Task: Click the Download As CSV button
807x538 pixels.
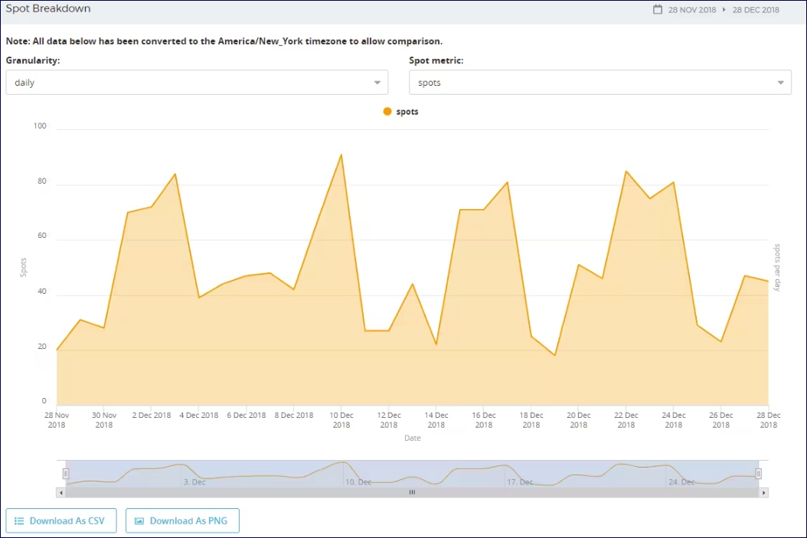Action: pyautogui.click(x=60, y=521)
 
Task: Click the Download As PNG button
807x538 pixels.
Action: pyautogui.click(x=182, y=521)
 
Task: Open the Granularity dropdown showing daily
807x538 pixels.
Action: pyautogui.click(x=197, y=83)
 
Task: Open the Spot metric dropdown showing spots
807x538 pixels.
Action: pyautogui.click(x=600, y=83)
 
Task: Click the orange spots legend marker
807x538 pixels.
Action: pyautogui.click(x=387, y=112)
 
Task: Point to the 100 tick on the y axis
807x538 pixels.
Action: pyautogui.click(x=40, y=126)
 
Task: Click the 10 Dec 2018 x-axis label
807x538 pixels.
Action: pyautogui.click(x=341, y=419)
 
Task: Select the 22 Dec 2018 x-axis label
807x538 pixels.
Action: pyautogui.click(x=626, y=419)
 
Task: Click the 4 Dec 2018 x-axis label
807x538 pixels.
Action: pyautogui.click(x=198, y=416)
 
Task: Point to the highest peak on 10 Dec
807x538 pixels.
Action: pyautogui.click(x=341, y=155)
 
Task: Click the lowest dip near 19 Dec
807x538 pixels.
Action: pyautogui.click(x=554, y=355)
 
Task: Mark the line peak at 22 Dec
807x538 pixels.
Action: pyautogui.click(x=626, y=171)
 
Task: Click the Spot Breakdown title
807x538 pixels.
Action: pyautogui.click(x=48, y=9)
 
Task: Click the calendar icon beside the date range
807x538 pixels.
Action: pyautogui.click(x=657, y=10)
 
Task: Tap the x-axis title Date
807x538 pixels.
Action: pyautogui.click(x=413, y=439)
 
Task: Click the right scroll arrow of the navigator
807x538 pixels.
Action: pyautogui.click(x=763, y=493)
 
